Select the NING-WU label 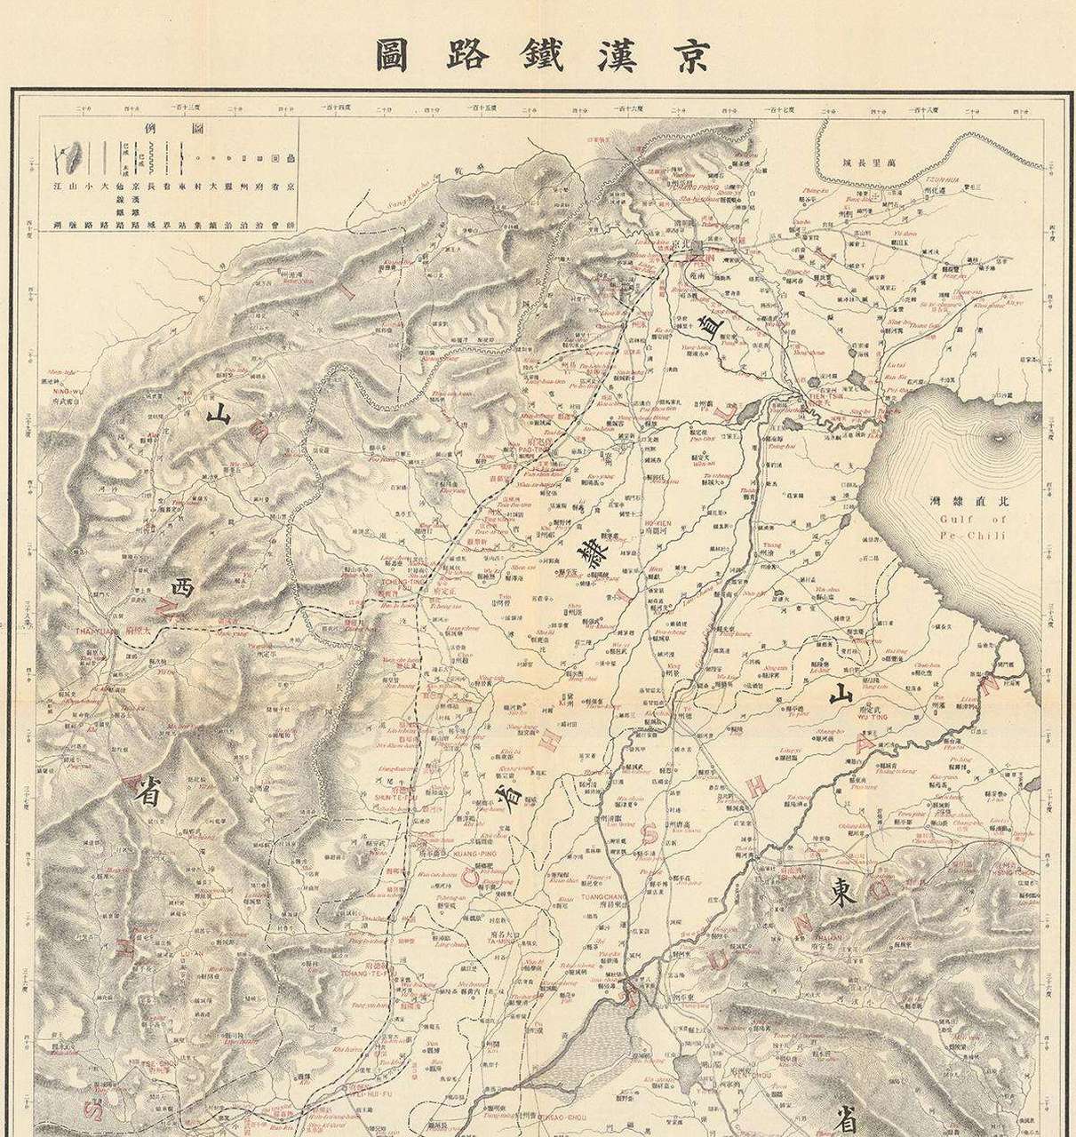click(x=58, y=386)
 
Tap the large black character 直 click(x=711, y=326)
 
